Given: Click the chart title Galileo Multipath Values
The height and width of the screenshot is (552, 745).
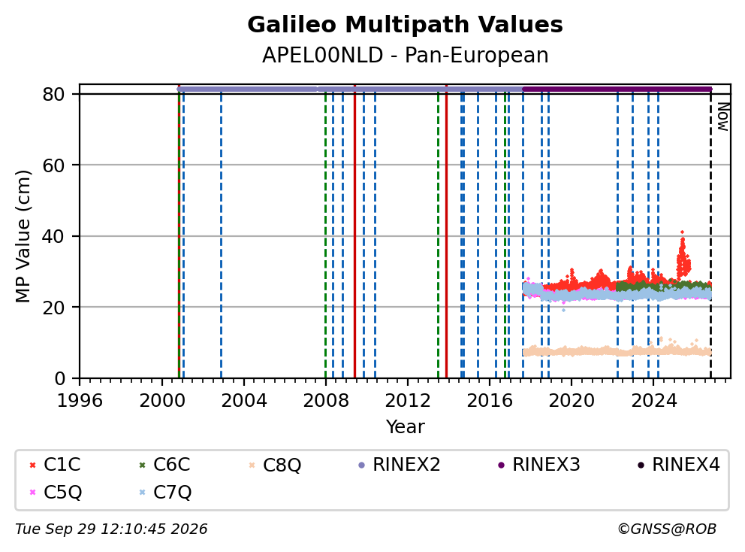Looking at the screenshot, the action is (405, 25).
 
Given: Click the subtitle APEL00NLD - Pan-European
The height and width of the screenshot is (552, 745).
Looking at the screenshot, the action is (406, 55).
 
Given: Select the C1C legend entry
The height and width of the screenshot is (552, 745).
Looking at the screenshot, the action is (55, 465).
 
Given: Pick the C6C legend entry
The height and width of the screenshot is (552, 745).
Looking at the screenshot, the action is (165, 465).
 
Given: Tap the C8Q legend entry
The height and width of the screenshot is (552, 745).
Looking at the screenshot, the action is (275, 465).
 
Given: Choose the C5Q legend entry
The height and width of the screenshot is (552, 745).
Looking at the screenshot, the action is (56, 492).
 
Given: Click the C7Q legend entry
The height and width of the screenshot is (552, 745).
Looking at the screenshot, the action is (165, 492).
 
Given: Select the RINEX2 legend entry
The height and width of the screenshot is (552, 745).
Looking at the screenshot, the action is (400, 465).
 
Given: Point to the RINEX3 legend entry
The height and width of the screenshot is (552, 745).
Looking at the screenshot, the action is (538, 465).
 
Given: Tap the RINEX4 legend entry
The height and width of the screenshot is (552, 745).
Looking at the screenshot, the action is (678, 465).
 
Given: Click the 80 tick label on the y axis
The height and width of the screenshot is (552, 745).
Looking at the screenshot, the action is (53, 95).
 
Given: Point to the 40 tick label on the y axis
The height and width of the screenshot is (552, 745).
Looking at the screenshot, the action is (53, 236).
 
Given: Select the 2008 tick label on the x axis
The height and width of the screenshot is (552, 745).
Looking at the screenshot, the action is (325, 401).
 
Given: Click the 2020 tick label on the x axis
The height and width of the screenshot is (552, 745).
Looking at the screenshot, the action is (572, 401).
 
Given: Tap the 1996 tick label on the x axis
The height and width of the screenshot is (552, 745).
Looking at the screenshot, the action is (80, 401).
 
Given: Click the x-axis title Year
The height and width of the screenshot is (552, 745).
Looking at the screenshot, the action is (406, 427).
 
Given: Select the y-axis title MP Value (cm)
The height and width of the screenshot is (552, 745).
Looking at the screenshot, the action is (23, 236).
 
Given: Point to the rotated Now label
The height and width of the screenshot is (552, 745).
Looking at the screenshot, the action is (722, 117).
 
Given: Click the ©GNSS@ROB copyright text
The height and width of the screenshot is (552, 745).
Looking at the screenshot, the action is (667, 529).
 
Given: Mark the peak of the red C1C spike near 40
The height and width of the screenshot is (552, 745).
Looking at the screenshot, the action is (682, 232).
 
